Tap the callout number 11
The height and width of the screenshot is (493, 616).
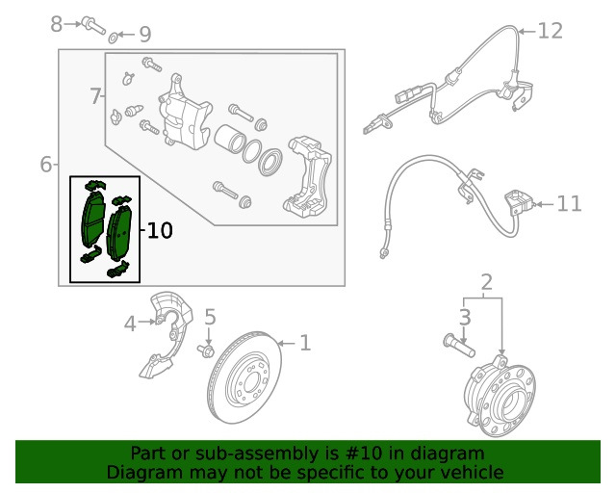click(x=569, y=203)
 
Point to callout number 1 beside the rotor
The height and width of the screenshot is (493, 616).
click(x=304, y=342)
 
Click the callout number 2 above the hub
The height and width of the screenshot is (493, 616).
click(x=486, y=282)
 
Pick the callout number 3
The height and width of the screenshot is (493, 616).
click(x=464, y=317)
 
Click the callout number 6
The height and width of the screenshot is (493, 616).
click(x=46, y=165)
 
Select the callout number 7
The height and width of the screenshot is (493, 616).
click(x=95, y=95)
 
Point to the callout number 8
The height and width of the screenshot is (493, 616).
click(x=57, y=21)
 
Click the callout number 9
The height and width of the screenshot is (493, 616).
click(x=144, y=36)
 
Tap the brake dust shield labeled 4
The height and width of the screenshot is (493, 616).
click(x=167, y=337)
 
